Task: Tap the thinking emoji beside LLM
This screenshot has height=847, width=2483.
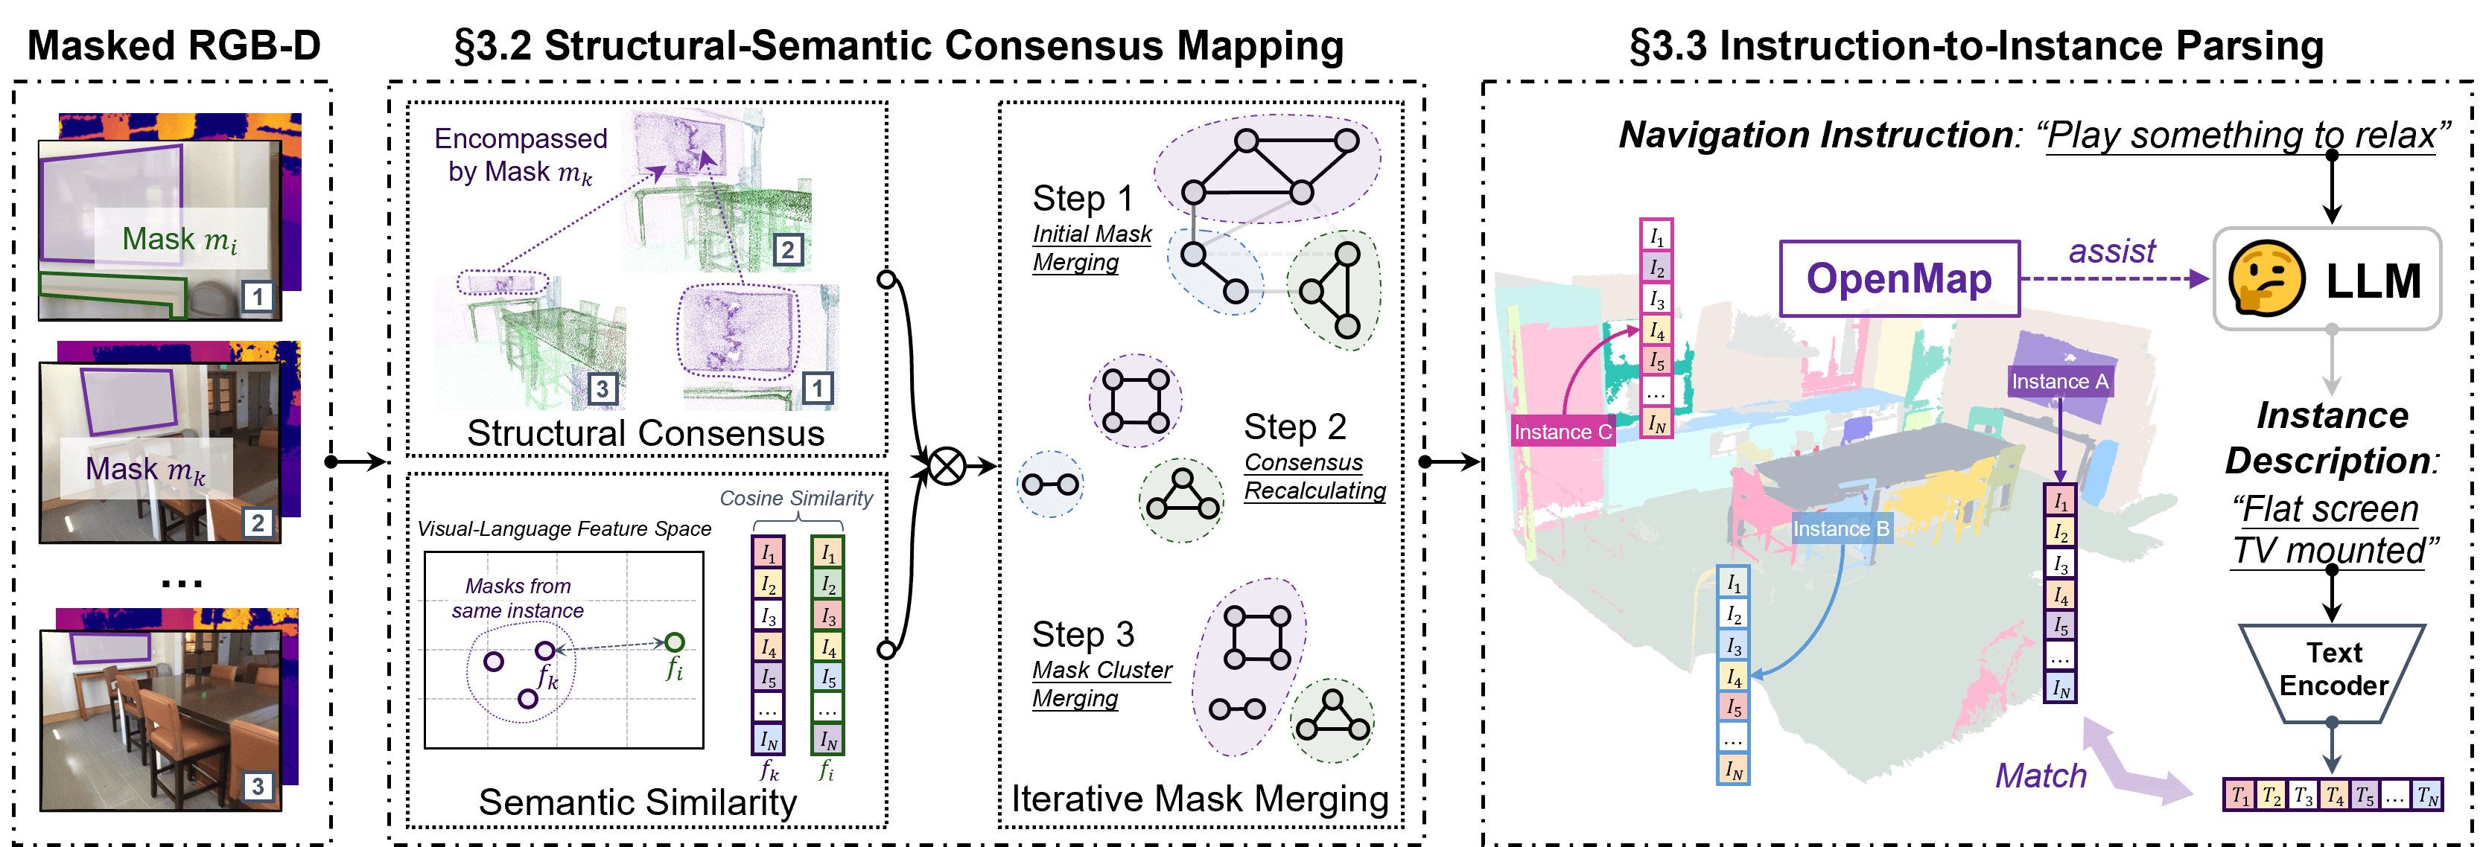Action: pyautogui.click(x=2266, y=279)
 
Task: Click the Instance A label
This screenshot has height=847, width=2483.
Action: pyautogui.click(x=2059, y=382)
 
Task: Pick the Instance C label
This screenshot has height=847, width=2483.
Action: pyautogui.click(x=1562, y=432)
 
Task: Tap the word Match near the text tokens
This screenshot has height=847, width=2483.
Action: pyautogui.click(x=2040, y=776)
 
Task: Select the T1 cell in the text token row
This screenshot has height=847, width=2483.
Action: pyautogui.click(x=2239, y=796)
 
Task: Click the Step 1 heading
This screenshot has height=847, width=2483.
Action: pyautogui.click(x=1081, y=199)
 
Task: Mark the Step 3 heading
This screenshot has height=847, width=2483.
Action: pyautogui.click(x=1081, y=635)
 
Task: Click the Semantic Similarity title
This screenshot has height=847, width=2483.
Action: pyautogui.click(x=638, y=802)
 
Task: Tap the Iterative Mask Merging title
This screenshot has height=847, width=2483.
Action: pyautogui.click(x=1199, y=799)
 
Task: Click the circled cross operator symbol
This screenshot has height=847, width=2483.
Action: pyautogui.click(x=947, y=467)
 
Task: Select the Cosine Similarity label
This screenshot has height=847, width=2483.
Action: pyautogui.click(x=795, y=498)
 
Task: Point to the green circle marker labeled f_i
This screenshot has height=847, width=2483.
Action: pyautogui.click(x=675, y=642)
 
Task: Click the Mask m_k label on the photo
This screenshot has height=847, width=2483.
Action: pyautogui.click(x=145, y=469)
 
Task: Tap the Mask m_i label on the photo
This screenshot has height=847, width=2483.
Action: pyautogui.click(x=179, y=239)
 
